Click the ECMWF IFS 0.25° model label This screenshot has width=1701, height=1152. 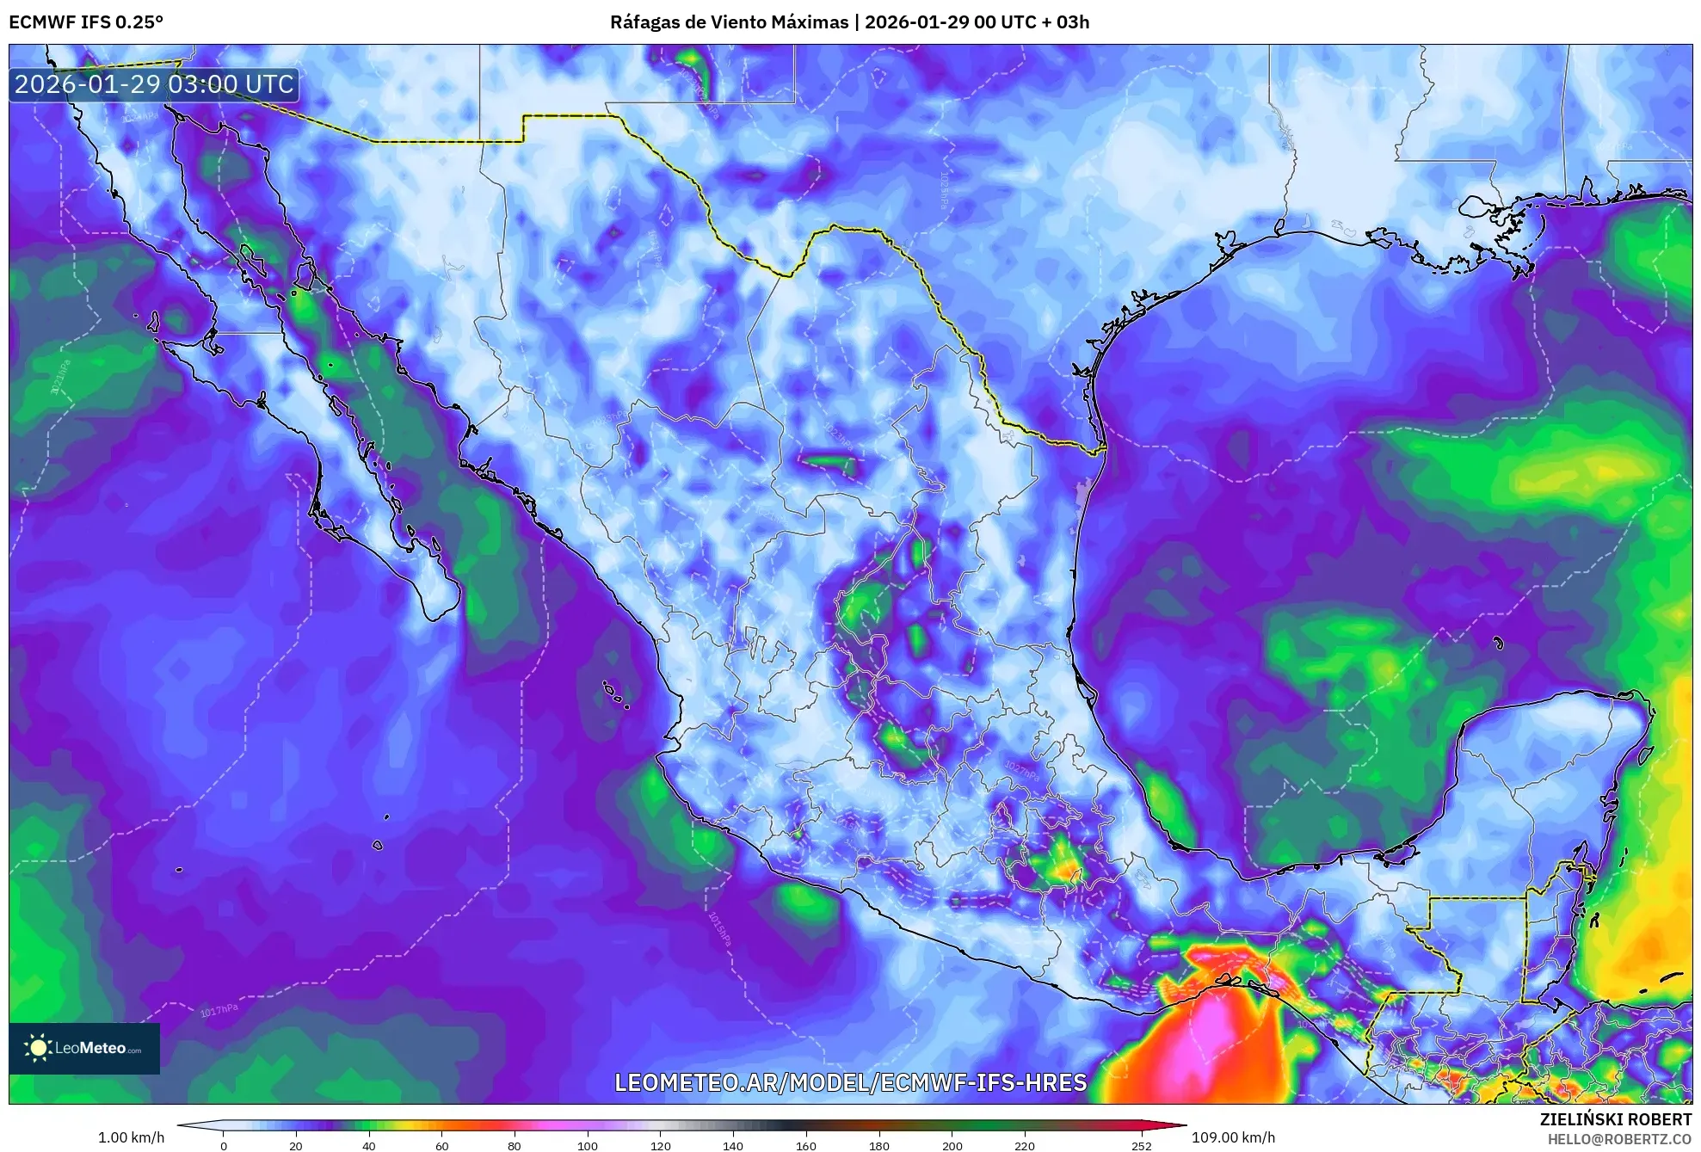tap(86, 22)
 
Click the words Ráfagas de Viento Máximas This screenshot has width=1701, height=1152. tap(729, 22)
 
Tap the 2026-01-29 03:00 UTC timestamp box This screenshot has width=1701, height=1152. tap(155, 84)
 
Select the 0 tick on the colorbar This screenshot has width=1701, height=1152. tap(224, 1145)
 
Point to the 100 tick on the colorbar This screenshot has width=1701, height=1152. tap(587, 1145)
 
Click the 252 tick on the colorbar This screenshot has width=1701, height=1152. tap(1141, 1145)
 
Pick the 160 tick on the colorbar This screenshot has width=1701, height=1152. tap(805, 1145)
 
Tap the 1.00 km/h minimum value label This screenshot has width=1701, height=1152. tap(131, 1137)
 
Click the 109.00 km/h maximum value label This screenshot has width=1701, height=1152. tap(1233, 1137)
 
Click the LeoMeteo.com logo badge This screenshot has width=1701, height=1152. tap(84, 1048)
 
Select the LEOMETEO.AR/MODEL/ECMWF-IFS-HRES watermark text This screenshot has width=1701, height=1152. tap(850, 1082)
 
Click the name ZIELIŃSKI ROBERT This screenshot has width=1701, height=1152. tap(1615, 1119)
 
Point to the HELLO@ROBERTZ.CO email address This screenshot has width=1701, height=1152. tap(1619, 1139)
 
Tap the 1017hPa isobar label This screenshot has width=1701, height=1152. tap(219, 1010)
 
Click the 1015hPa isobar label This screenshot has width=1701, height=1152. tap(719, 929)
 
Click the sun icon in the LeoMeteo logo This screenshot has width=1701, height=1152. tap(38, 1047)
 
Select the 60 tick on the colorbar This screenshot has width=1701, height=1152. tap(441, 1145)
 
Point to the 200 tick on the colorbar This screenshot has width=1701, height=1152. tap(952, 1145)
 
